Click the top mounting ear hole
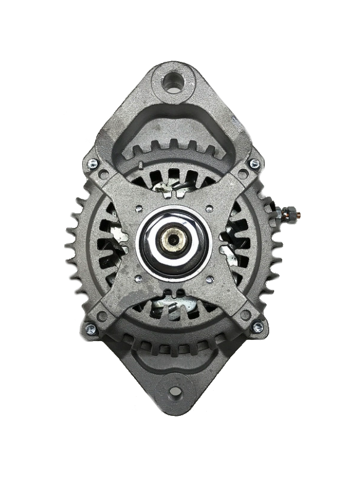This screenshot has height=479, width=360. tap(174, 82)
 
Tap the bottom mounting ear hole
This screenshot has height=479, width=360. tap(175, 391)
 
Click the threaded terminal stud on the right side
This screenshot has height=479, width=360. tap(290, 214)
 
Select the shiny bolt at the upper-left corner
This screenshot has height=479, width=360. tap(92, 163)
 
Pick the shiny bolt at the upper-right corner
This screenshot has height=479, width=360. tap(254, 164)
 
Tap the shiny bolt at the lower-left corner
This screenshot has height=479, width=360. tap(91, 328)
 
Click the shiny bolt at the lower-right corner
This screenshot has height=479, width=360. tap(257, 326)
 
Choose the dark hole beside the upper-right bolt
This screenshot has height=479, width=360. tap(243, 174)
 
